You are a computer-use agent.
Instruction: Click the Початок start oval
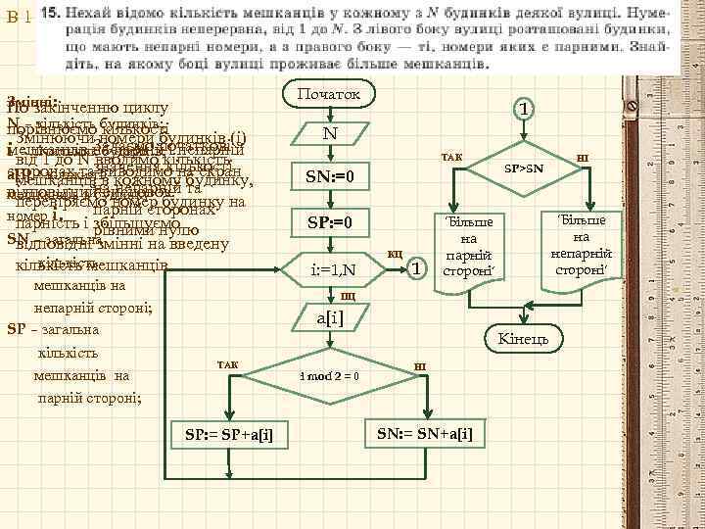coord(327,94)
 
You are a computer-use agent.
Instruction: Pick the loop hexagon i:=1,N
coord(328,268)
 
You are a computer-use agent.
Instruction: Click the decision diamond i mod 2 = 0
coord(328,376)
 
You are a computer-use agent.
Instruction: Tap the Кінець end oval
coord(530,339)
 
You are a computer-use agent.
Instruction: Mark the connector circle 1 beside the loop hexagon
coord(417,268)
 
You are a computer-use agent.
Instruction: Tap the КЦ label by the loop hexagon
coord(396,254)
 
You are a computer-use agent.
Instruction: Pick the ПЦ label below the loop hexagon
coord(348,296)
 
